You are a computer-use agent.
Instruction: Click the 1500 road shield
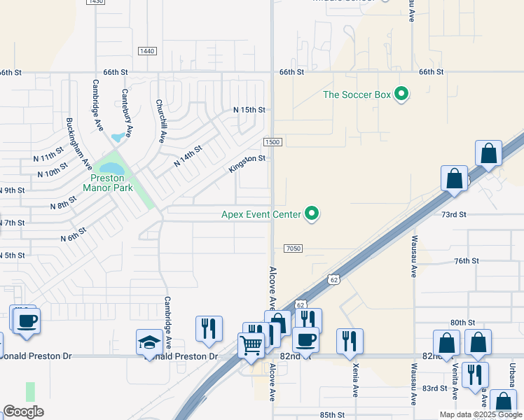273,142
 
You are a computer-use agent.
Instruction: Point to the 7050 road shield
294,248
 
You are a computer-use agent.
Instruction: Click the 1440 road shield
147,51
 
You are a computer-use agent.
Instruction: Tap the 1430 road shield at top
97,2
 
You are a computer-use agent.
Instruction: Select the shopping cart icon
250,344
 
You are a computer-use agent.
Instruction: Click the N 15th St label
249,110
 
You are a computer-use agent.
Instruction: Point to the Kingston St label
247,164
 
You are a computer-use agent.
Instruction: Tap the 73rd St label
453,214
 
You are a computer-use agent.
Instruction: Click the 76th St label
466,260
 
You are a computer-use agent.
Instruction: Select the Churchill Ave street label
161,120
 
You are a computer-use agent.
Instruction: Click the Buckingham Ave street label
78,143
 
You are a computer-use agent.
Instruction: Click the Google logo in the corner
23,412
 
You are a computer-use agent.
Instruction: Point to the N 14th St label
188,155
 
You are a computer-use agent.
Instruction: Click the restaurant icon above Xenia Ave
349,341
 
